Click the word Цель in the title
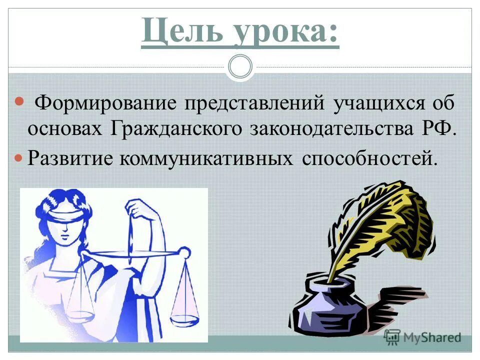point(178,32)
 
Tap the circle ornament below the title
point(240,66)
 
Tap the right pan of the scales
point(184,316)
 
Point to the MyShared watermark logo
point(422,337)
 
